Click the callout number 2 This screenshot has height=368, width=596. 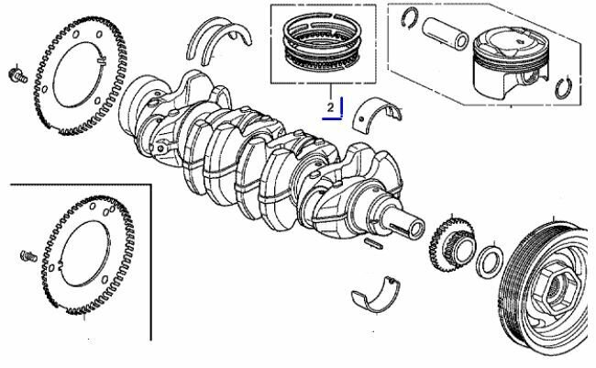(x=330, y=107)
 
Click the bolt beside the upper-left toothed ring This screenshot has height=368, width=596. (x=17, y=75)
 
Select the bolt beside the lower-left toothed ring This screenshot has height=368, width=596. (x=28, y=256)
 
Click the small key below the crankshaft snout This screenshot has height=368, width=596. (x=373, y=243)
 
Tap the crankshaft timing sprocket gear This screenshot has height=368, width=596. (x=451, y=245)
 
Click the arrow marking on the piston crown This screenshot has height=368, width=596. (x=519, y=39)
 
